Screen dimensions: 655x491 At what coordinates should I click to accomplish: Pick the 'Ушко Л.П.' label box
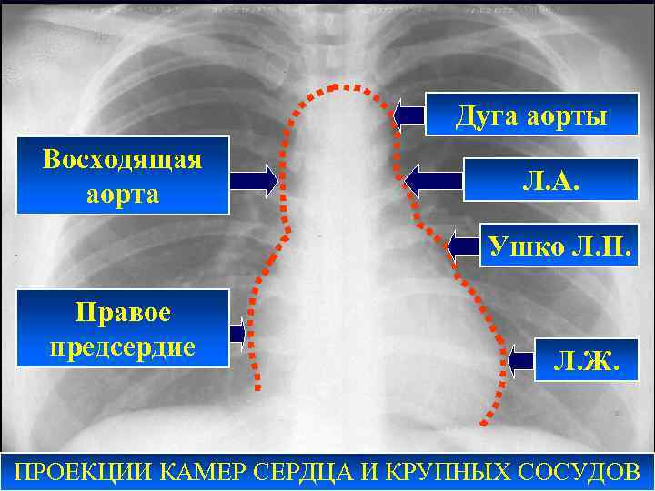(x=554, y=244)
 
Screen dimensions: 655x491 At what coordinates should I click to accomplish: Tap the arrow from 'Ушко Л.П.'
(x=464, y=244)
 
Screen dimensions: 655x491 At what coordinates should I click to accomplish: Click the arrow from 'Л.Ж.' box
(x=521, y=361)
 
